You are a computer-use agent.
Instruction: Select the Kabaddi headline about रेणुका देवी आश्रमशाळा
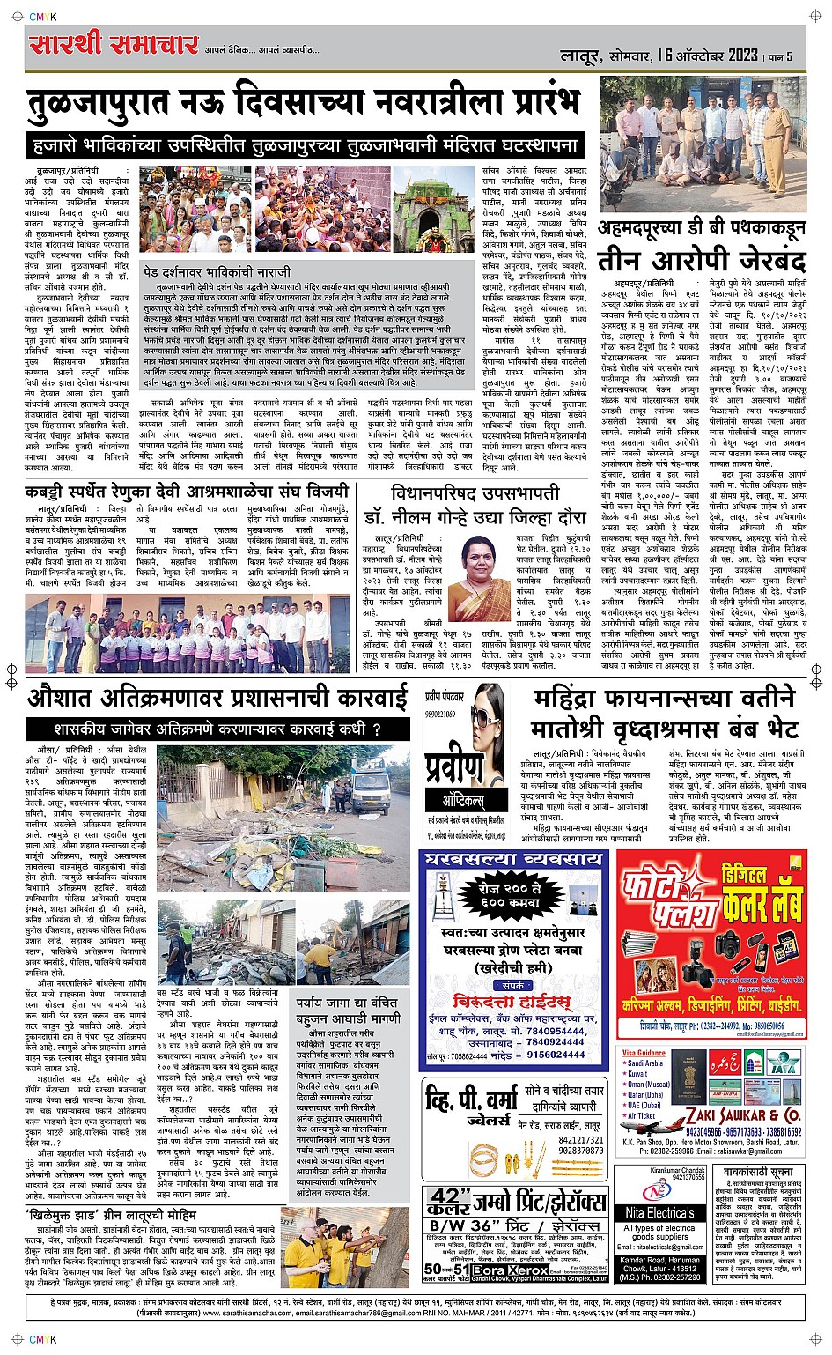[x=188, y=490]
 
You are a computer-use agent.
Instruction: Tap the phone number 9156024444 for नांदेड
[x=556, y=1054]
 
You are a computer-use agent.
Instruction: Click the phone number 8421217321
[x=580, y=1138]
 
